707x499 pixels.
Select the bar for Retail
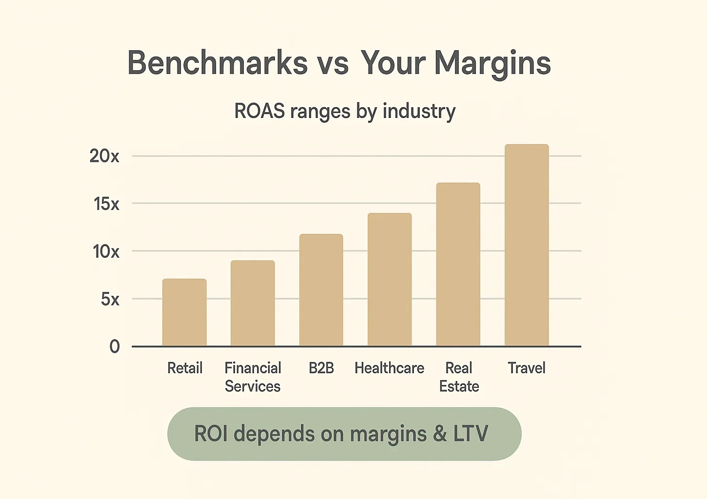click(x=184, y=312)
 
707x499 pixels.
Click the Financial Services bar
click(x=253, y=303)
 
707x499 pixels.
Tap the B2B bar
click(x=321, y=290)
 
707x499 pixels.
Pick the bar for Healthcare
click(x=390, y=280)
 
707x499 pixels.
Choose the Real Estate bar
click(x=458, y=265)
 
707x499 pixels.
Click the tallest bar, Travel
click(x=527, y=245)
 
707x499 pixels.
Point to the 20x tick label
click(x=104, y=156)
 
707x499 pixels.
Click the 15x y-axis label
click(x=106, y=204)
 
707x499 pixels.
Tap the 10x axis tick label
click(x=106, y=251)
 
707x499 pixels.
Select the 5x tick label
click(x=110, y=299)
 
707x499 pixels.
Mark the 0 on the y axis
click(x=115, y=346)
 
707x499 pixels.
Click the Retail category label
click(x=184, y=368)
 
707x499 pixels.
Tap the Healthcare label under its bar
click(x=389, y=368)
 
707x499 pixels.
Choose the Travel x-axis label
click(x=527, y=368)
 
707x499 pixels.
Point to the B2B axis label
click(x=321, y=368)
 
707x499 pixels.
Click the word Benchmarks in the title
click(x=217, y=63)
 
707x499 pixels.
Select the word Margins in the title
click(x=492, y=64)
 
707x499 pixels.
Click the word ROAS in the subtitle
click(x=259, y=111)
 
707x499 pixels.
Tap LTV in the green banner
click(x=471, y=433)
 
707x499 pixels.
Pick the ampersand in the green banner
click(x=440, y=433)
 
